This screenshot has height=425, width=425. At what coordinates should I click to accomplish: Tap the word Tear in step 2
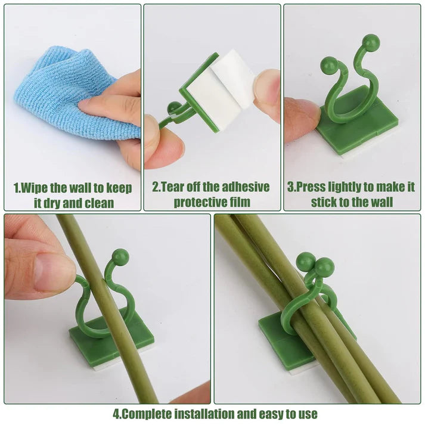pyautogui.click(x=175, y=187)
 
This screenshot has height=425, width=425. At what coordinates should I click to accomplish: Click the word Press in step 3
pyautogui.click(x=312, y=187)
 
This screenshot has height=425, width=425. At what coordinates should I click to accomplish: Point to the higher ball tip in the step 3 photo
pyautogui.click(x=371, y=42)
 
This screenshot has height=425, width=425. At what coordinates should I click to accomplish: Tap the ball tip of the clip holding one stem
pyautogui.click(x=120, y=257)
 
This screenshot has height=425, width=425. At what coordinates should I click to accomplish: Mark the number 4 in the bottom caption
pyautogui.click(x=116, y=413)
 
